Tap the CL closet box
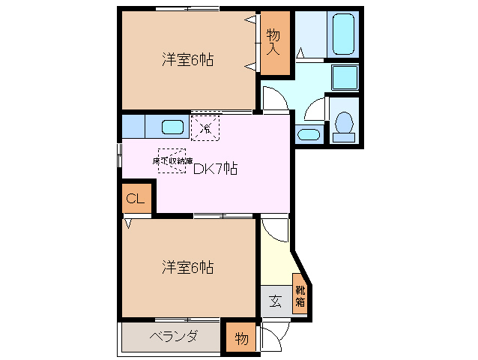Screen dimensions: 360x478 click(136, 199)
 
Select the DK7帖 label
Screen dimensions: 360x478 click(215, 169)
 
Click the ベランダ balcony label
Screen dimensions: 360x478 click(172, 336)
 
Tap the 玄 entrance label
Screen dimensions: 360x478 click(275, 302)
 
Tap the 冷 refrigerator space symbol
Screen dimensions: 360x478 click(205, 127)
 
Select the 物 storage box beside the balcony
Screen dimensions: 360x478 click(241, 337)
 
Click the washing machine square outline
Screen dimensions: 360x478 click(345, 76)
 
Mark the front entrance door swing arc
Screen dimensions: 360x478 click(271, 340)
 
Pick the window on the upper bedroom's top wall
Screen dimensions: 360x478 click(188, 8)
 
